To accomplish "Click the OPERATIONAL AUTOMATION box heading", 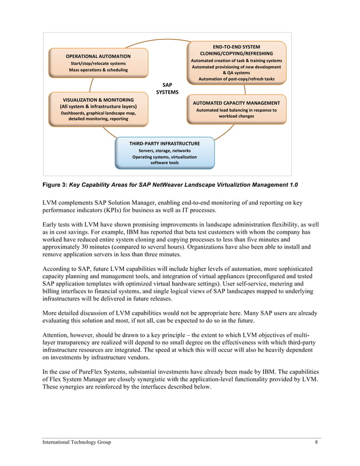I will point(98,56).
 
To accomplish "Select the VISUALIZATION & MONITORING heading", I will point(98,99).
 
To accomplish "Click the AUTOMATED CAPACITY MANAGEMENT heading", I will point(236,103).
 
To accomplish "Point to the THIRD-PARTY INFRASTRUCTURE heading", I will point(164,143).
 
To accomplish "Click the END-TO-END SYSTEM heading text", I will point(236,46).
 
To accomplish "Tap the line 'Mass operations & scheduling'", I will point(98,70).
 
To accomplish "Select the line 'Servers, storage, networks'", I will point(164,151).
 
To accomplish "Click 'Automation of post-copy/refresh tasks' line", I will point(236,79).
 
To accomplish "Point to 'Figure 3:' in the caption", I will point(56,185).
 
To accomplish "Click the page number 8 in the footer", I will point(316,442).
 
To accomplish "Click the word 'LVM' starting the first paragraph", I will point(51,202).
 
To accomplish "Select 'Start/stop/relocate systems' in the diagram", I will point(98,63).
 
